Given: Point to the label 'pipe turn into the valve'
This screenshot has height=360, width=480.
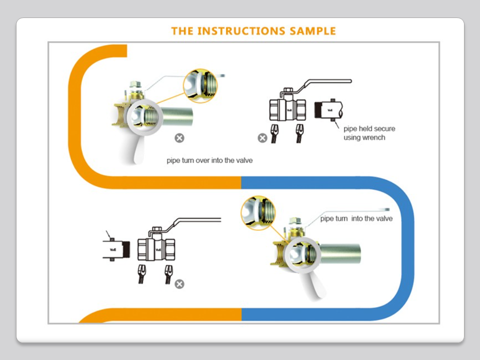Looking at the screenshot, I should [356, 218].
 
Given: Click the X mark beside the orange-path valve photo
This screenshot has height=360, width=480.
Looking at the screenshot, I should [179, 137].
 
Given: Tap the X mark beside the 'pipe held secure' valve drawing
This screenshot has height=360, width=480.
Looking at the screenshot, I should [262, 138].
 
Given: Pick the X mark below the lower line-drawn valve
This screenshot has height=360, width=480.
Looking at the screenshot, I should [179, 284].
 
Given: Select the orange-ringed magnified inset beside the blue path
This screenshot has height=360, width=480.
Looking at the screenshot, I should [257, 213].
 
